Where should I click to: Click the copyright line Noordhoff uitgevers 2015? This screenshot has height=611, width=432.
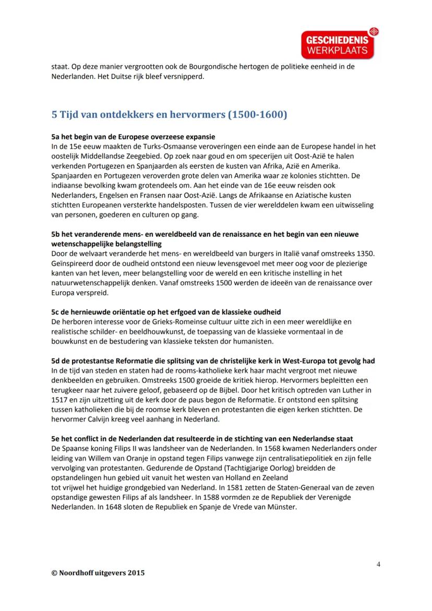(x=98, y=572)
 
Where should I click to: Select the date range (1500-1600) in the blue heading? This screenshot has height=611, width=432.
(x=257, y=114)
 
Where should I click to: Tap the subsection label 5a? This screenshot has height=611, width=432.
(x=56, y=137)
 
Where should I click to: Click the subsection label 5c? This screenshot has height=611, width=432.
(x=56, y=312)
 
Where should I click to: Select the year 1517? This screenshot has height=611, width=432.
(x=60, y=400)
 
